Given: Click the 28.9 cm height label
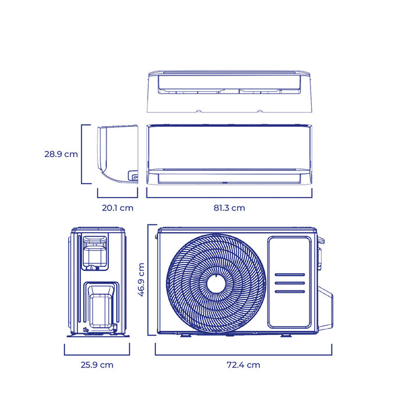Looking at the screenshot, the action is (x=61, y=154).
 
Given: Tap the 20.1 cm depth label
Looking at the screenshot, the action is (x=117, y=208).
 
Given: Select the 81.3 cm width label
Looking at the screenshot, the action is (x=229, y=208).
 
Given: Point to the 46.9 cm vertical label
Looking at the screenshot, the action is (x=141, y=280).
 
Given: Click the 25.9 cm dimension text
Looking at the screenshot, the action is (x=97, y=365).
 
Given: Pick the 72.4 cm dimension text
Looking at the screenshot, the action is (x=244, y=365).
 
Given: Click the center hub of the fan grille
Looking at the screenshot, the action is (x=216, y=284).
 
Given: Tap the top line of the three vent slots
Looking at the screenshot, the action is (x=290, y=274).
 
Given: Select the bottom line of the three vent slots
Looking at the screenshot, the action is (x=290, y=291).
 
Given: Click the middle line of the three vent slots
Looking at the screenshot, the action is (x=290, y=283).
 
